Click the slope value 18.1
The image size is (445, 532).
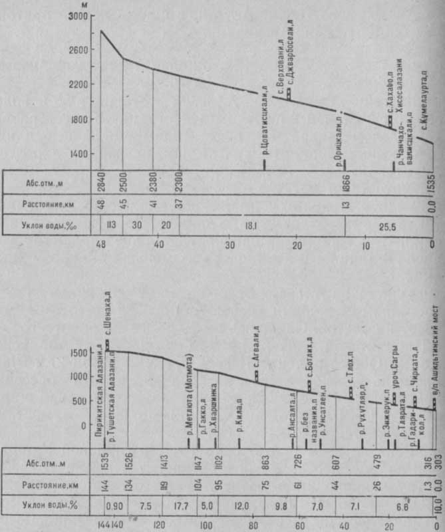pyautogui.click(x=251, y=225)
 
